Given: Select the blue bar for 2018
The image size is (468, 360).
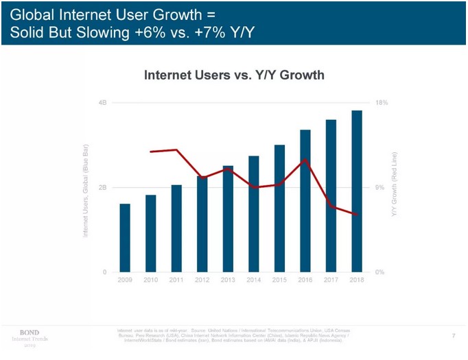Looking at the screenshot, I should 357,191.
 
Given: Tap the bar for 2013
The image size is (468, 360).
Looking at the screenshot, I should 228,219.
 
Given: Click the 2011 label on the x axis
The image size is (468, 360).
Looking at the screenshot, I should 176,280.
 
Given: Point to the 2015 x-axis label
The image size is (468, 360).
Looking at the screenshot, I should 279,280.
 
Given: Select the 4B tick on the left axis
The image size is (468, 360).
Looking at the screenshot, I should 102,102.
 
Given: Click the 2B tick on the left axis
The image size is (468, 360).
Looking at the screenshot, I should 102,187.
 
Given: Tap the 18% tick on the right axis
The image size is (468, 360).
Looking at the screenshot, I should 382,102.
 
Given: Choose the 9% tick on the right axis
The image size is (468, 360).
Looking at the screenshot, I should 381,187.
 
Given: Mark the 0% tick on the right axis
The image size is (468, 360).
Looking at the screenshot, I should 381,272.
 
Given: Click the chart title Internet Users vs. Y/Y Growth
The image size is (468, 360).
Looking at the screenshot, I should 233,75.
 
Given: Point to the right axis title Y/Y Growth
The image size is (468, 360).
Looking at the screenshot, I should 395,185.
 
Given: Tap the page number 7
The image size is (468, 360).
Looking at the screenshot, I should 454,335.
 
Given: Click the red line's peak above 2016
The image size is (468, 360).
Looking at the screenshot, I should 305,159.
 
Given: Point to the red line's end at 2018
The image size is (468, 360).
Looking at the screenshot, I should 357,215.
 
